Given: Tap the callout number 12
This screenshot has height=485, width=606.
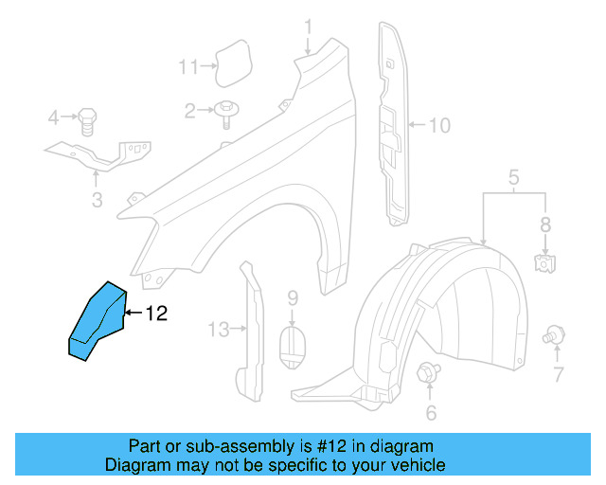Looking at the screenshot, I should click(x=156, y=314).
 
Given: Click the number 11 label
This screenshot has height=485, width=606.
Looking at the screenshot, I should click(x=189, y=66).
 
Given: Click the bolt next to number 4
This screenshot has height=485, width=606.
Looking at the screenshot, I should click(x=86, y=119).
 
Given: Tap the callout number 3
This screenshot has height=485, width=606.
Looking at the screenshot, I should click(x=97, y=200).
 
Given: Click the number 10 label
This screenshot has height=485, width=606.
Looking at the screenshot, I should click(x=440, y=124).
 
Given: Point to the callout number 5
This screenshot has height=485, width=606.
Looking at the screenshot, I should click(x=513, y=176).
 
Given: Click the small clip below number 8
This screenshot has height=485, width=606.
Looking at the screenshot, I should click(x=544, y=262).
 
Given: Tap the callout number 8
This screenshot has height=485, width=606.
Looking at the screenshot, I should click(x=544, y=225).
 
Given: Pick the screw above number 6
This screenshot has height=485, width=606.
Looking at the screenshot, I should click(x=429, y=372).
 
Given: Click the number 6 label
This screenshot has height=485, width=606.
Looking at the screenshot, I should click(x=431, y=412).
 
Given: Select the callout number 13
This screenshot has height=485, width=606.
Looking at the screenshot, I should click(x=219, y=329).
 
